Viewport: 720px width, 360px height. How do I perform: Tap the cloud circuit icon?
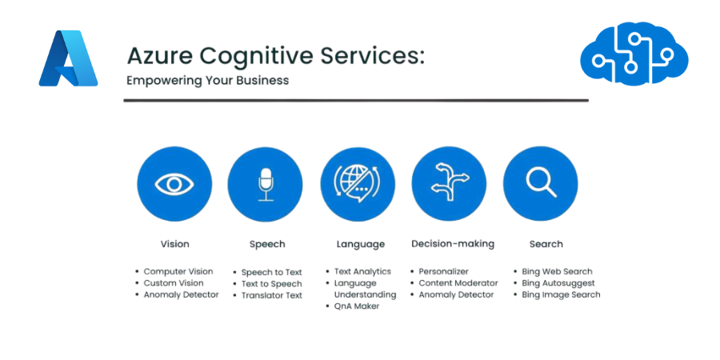[634, 54]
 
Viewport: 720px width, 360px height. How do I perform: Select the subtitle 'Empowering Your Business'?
[207, 81]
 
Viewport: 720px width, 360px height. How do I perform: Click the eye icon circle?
[174, 183]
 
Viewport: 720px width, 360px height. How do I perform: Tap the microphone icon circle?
[266, 183]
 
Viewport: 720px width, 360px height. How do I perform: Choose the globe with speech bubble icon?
[358, 183]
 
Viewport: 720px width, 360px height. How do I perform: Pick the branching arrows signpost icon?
[449, 183]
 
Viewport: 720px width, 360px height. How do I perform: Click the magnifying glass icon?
[540, 183]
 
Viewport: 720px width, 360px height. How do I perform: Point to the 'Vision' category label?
[174, 244]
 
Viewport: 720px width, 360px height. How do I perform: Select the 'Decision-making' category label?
[453, 243]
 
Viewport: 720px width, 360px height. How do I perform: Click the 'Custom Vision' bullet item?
[174, 283]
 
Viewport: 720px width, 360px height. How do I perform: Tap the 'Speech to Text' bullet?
[272, 272]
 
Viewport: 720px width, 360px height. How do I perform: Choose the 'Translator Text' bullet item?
[272, 295]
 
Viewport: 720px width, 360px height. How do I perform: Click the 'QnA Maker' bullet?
[357, 306]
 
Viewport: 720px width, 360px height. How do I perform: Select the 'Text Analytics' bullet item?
[362, 272]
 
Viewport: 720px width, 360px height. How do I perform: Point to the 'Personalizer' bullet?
[444, 272]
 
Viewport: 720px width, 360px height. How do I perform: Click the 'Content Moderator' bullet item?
[458, 283]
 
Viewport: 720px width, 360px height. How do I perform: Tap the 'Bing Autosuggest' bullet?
[558, 283]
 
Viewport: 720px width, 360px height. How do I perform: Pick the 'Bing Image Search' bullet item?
[561, 295]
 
